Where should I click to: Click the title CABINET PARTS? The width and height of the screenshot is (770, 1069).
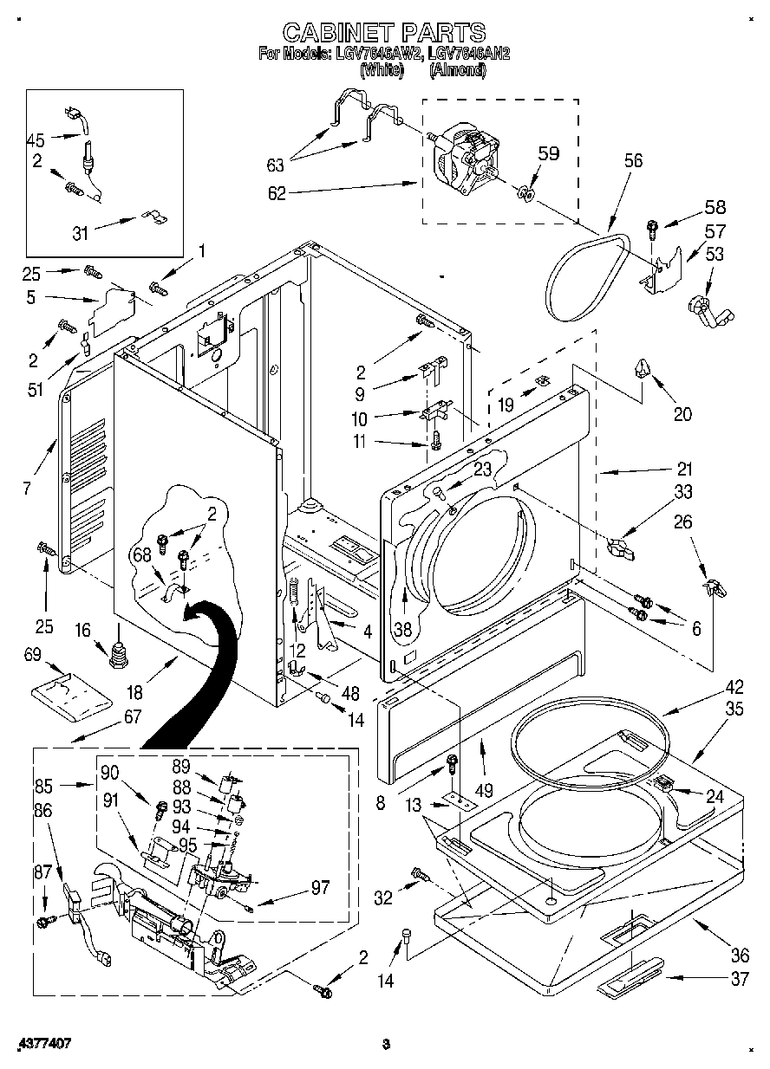[x=384, y=33]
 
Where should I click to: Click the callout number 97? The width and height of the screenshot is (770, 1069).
[x=320, y=887]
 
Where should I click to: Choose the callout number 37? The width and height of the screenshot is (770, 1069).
[x=739, y=979]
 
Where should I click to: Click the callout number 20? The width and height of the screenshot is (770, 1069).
[x=682, y=414]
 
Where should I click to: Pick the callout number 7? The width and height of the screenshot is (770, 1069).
[x=27, y=489]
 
